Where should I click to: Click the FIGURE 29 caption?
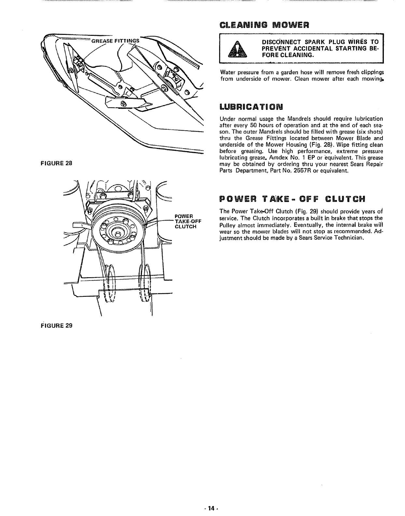tap(56, 325)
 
